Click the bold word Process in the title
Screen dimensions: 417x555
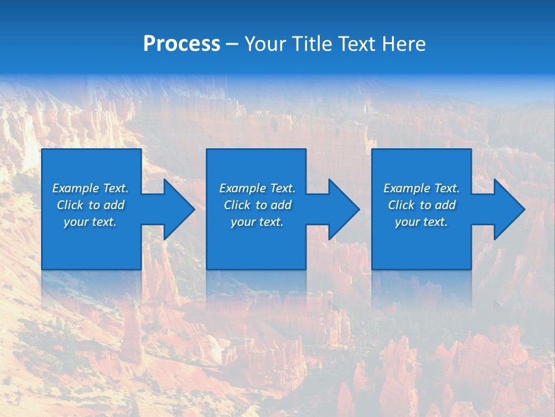click(182, 44)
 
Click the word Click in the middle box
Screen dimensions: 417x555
click(237, 205)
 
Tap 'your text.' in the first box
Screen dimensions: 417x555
click(90, 222)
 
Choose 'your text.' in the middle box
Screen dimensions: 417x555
click(257, 222)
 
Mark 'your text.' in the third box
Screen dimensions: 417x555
click(421, 222)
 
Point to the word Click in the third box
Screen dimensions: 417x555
click(401, 205)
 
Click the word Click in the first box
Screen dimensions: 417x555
click(70, 205)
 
